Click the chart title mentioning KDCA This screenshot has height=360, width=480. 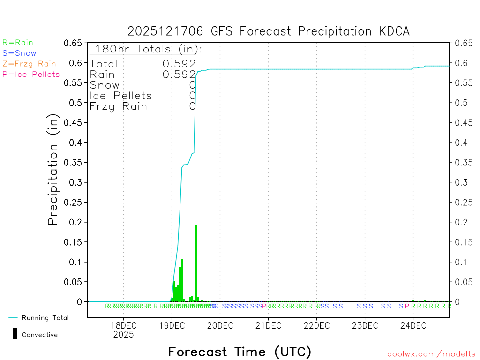tap(269, 31)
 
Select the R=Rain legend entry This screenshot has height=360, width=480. tap(18, 43)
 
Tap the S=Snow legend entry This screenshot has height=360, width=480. tap(19, 53)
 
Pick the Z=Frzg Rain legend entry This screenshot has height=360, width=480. tap(29, 64)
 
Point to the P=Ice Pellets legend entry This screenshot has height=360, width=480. tap(31, 74)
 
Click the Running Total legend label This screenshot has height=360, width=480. tap(45, 318)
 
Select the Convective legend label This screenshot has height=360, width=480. tap(40, 335)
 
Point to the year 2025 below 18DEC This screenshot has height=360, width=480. tap(123, 335)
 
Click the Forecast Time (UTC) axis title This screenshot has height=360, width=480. tap(240, 352)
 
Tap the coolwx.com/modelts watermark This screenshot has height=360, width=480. tap(431, 354)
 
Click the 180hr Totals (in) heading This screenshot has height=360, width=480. tap(148, 49)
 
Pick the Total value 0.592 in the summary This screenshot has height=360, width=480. tap(179, 64)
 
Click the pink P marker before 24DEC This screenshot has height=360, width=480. tap(407, 306)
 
